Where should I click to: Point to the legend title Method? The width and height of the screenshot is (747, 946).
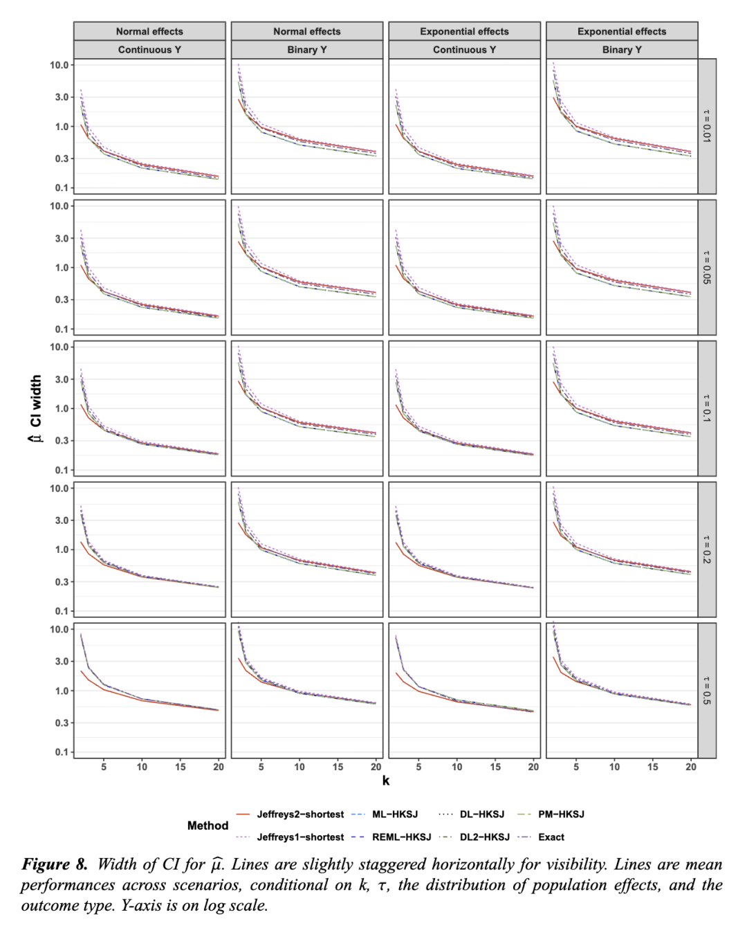[207, 826]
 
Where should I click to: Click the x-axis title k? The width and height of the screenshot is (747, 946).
[385, 781]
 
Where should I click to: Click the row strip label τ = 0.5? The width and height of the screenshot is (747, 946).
[707, 690]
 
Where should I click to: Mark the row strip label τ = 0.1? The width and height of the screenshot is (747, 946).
[707, 408]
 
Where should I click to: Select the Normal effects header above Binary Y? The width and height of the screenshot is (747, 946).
[307, 31]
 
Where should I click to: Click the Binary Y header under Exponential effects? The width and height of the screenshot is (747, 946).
[622, 50]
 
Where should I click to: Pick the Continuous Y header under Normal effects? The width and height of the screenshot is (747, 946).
[149, 50]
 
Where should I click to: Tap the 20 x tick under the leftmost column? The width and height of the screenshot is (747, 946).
[219, 767]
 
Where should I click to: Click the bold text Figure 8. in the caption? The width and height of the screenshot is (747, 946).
[55, 864]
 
